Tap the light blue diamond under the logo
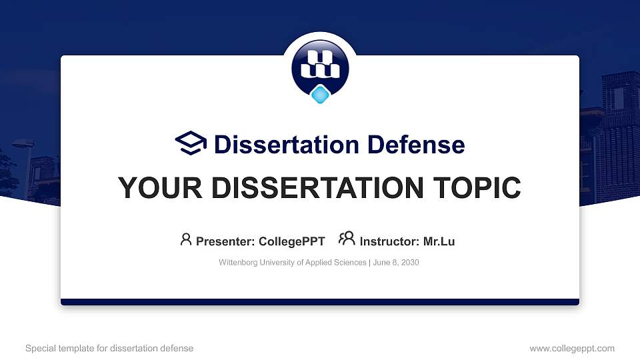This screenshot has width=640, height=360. click(x=321, y=95)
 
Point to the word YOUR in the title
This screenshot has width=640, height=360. click(x=151, y=188)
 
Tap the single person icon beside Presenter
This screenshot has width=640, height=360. click(x=186, y=239)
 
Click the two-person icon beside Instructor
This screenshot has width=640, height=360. click(x=347, y=239)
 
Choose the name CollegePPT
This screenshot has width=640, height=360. click(x=292, y=241)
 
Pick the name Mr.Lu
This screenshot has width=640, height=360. click(x=439, y=241)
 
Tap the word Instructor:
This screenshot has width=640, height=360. click(x=390, y=241)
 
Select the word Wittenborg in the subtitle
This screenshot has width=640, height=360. click(x=239, y=263)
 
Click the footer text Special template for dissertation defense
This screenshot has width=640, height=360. click(x=109, y=348)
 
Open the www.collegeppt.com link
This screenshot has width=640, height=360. click(x=572, y=348)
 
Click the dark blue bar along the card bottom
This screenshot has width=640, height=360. click(x=320, y=302)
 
